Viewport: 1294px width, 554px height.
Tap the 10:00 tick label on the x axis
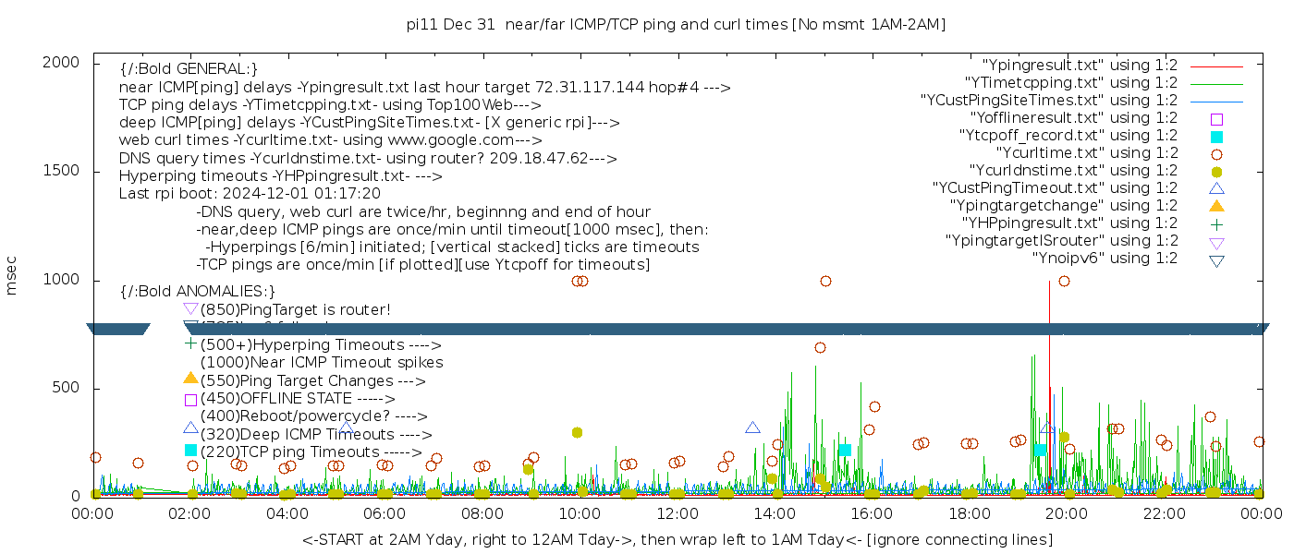click(x=580, y=513)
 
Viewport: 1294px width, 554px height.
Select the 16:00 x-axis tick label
click(x=872, y=513)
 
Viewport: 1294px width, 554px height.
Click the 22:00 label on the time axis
click(x=1163, y=513)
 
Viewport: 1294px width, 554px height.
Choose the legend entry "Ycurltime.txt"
click(x=1086, y=153)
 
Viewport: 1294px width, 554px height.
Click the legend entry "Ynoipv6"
click(x=1105, y=259)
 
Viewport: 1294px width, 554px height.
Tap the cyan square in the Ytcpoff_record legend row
click(x=1216, y=137)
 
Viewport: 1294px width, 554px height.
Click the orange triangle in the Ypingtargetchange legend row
click(x=1216, y=206)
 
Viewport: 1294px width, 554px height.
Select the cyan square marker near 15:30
click(x=844, y=451)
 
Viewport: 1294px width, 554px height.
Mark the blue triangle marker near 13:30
click(x=752, y=428)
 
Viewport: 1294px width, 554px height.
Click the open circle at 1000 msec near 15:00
click(x=825, y=282)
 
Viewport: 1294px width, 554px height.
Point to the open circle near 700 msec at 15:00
click(x=820, y=348)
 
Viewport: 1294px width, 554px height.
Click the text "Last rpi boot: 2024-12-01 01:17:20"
click(x=250, y=194)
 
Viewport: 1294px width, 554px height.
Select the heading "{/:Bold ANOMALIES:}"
click(x=198, y=291)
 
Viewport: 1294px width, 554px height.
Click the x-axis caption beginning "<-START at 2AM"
click(x=677, y=539)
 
